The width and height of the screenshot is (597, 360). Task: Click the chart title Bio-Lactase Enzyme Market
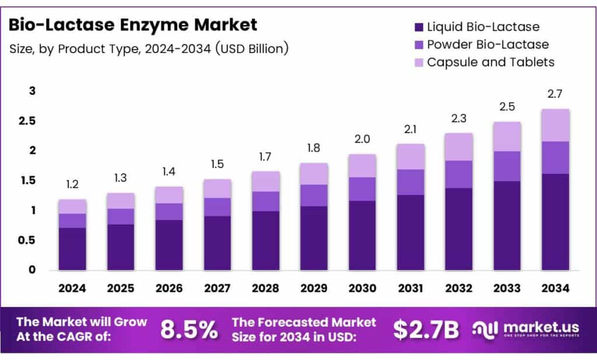(x=133, y=25)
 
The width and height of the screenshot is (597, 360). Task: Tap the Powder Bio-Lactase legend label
(x=487, y=44)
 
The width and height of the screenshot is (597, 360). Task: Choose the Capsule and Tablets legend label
(x=490, y=62)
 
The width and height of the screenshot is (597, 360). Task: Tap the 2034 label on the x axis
(x=556, y=289)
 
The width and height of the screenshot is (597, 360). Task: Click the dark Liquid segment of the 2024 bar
(x=72, y=249)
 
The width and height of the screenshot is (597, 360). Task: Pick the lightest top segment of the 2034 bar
(x=556, y=125)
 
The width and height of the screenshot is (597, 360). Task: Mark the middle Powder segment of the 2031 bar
(x=410, y=182)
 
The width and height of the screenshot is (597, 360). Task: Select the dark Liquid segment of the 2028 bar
(x=266, y=240)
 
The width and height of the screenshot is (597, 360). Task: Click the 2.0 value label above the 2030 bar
(x=363, y=140)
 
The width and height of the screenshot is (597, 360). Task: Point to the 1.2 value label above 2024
(x=72, y=185)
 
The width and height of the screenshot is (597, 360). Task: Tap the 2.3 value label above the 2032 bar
(x=459, y=118)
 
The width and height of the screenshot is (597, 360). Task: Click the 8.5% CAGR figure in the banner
(x=188, y=330)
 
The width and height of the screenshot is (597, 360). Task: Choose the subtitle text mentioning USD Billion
(x=149, y=49)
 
